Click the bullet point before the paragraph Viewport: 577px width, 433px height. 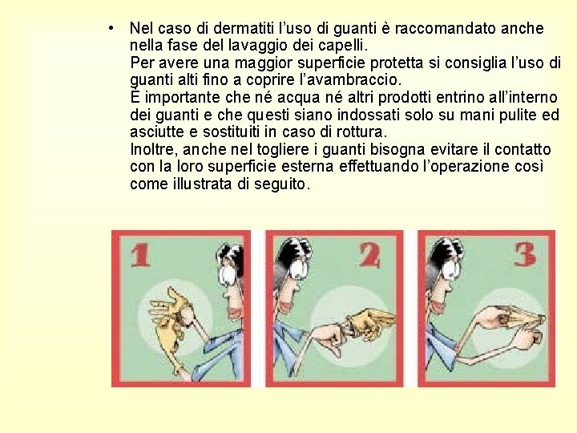coord(111,28)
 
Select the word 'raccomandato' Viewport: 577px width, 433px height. coord(446,28)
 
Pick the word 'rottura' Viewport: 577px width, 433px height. coord(361,132)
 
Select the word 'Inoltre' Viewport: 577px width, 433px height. coord(151,149)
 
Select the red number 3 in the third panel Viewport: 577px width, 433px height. coord(524,255)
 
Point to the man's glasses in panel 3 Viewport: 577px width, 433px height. coord(450,270)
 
